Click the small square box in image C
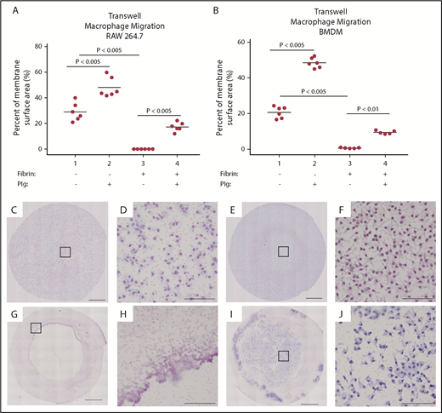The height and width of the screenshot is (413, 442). coord(65,250)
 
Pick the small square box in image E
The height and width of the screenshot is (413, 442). coord(284,250)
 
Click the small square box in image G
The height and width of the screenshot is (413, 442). coord(36,327)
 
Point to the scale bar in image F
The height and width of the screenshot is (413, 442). coord(416,298)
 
